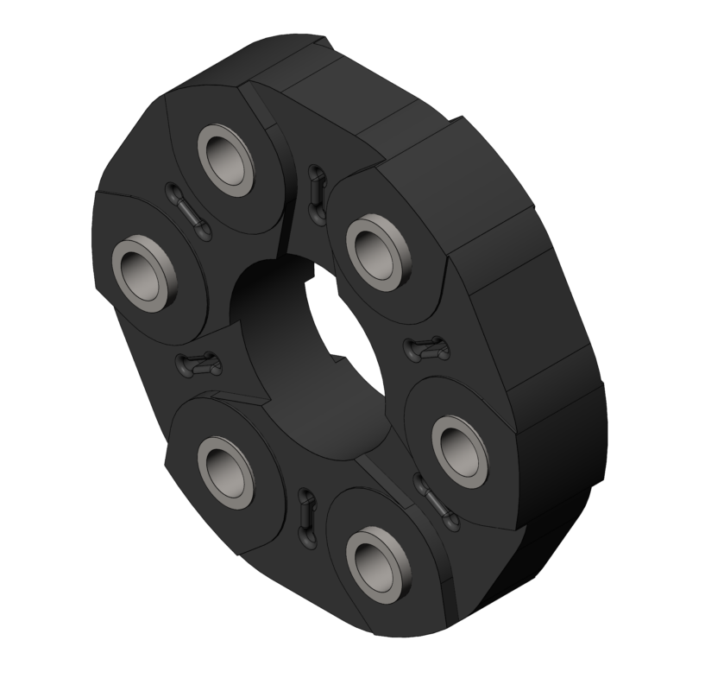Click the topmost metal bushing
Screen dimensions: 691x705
pyautogui.click(x=226, y=156)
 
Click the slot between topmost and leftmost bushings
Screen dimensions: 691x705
pyautogui.click(x=186, y=206)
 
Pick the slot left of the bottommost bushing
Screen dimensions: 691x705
pyautogui.click(x=305, y=517)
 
